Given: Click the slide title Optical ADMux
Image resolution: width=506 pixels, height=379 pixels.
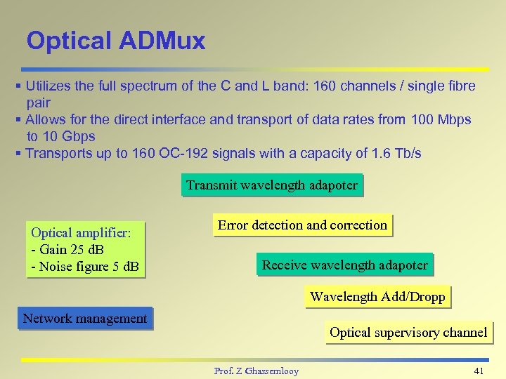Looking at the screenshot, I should (116, 41).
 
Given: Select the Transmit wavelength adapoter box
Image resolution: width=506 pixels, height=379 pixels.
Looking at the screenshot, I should (272, 186).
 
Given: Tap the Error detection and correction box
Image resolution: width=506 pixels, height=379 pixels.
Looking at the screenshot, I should (302, 225).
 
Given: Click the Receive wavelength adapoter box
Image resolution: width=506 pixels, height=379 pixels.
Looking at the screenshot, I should (344, 265).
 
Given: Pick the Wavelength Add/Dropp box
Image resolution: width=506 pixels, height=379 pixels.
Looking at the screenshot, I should (377, 297).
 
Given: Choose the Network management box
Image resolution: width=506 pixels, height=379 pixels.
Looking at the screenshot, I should (85, 319).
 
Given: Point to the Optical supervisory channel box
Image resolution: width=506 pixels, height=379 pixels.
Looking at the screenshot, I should (408, 333).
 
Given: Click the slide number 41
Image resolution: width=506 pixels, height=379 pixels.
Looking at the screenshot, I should (479, 370).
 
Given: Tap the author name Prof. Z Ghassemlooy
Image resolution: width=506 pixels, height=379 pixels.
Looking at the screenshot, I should (256, 371).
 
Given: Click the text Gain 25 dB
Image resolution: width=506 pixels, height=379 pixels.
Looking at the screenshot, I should (72, 249).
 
